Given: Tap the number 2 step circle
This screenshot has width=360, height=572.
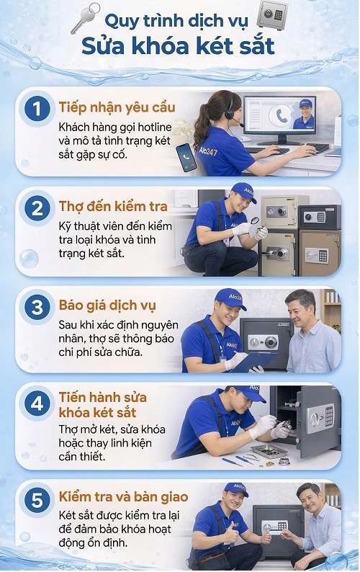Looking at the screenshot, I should [x=36, y=210].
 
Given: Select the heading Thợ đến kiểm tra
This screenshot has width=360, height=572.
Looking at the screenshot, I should [x=112, y=207].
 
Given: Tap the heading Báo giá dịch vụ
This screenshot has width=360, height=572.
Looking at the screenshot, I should [x=107, y=305].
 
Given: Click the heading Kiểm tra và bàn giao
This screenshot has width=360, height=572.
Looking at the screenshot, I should [x=123, y=497].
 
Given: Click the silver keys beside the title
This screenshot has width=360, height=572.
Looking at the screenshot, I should [x=85, y=19].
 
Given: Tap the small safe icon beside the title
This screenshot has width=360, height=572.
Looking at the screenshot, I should [x=271, y=16].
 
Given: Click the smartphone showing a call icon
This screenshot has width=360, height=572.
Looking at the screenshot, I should [x=186, y=156].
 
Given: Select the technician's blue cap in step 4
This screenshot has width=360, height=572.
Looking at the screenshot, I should [x=248, y=393].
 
